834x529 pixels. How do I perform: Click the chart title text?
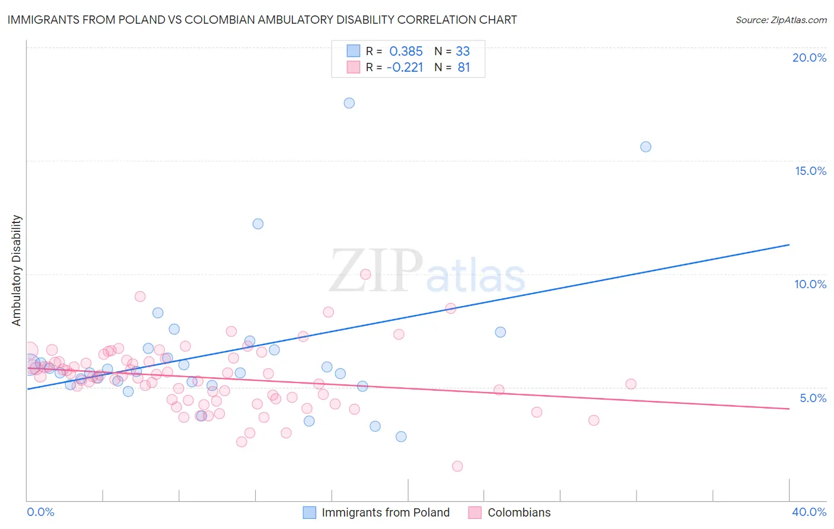click(x=262, y=20)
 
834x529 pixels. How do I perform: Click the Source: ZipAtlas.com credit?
click(x=781, y=20)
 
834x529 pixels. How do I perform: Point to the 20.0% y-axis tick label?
click(x=809, y=58)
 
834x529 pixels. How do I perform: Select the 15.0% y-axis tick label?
click(x=810, y=171)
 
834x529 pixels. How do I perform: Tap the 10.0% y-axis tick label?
click(x=810, y=284)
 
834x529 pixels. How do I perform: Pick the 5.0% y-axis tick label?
click(x=813, y=398)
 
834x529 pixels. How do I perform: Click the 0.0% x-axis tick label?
click(x=40, y=512)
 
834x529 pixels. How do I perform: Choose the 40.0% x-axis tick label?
click(x=809, y=512)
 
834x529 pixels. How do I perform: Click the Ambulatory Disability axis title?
click(x=17, y=270)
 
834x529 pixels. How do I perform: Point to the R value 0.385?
click(x=406, y=51)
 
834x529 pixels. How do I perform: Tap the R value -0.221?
click(x=405, y=68)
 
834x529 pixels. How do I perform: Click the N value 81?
click(x=463, y=68)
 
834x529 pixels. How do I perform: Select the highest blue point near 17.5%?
click(x=349, y=103)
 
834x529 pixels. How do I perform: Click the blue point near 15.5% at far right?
click(x=646, y=147)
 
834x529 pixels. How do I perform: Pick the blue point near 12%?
click(x=258, y=224)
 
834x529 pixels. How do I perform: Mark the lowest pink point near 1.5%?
click(x=457, y=466)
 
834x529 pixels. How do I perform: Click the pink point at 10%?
click(x=365, y=274)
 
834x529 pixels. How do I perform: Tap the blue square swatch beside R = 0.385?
click(x=354, y=51)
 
